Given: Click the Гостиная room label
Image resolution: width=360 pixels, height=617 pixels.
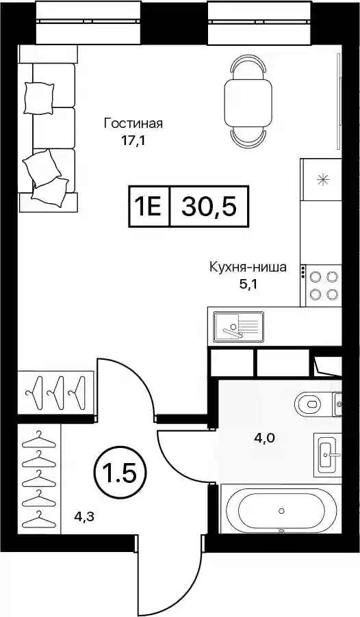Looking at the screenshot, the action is click(133, 124).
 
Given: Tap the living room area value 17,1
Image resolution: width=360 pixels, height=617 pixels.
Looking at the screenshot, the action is click(133, 142).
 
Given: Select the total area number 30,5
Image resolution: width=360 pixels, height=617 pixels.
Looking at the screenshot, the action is click(209, 207).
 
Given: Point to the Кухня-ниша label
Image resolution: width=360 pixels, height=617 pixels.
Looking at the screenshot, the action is click(247, 268).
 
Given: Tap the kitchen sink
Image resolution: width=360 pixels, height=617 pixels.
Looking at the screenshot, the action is click(239, 326).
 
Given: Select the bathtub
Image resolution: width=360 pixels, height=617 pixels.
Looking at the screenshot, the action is click(281, 511).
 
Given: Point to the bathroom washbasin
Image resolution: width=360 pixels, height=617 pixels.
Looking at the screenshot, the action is click(328, 454).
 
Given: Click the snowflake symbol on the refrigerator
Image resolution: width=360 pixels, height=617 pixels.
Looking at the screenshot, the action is click(323, 180).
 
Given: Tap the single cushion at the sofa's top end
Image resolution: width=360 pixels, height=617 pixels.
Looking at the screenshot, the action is click(38, 98).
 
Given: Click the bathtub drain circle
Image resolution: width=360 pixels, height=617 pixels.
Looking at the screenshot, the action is click(281, 511).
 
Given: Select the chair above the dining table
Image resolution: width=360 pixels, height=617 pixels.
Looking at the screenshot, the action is click(248, 67).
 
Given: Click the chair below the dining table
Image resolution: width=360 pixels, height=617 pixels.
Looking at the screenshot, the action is click(248, 137).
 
